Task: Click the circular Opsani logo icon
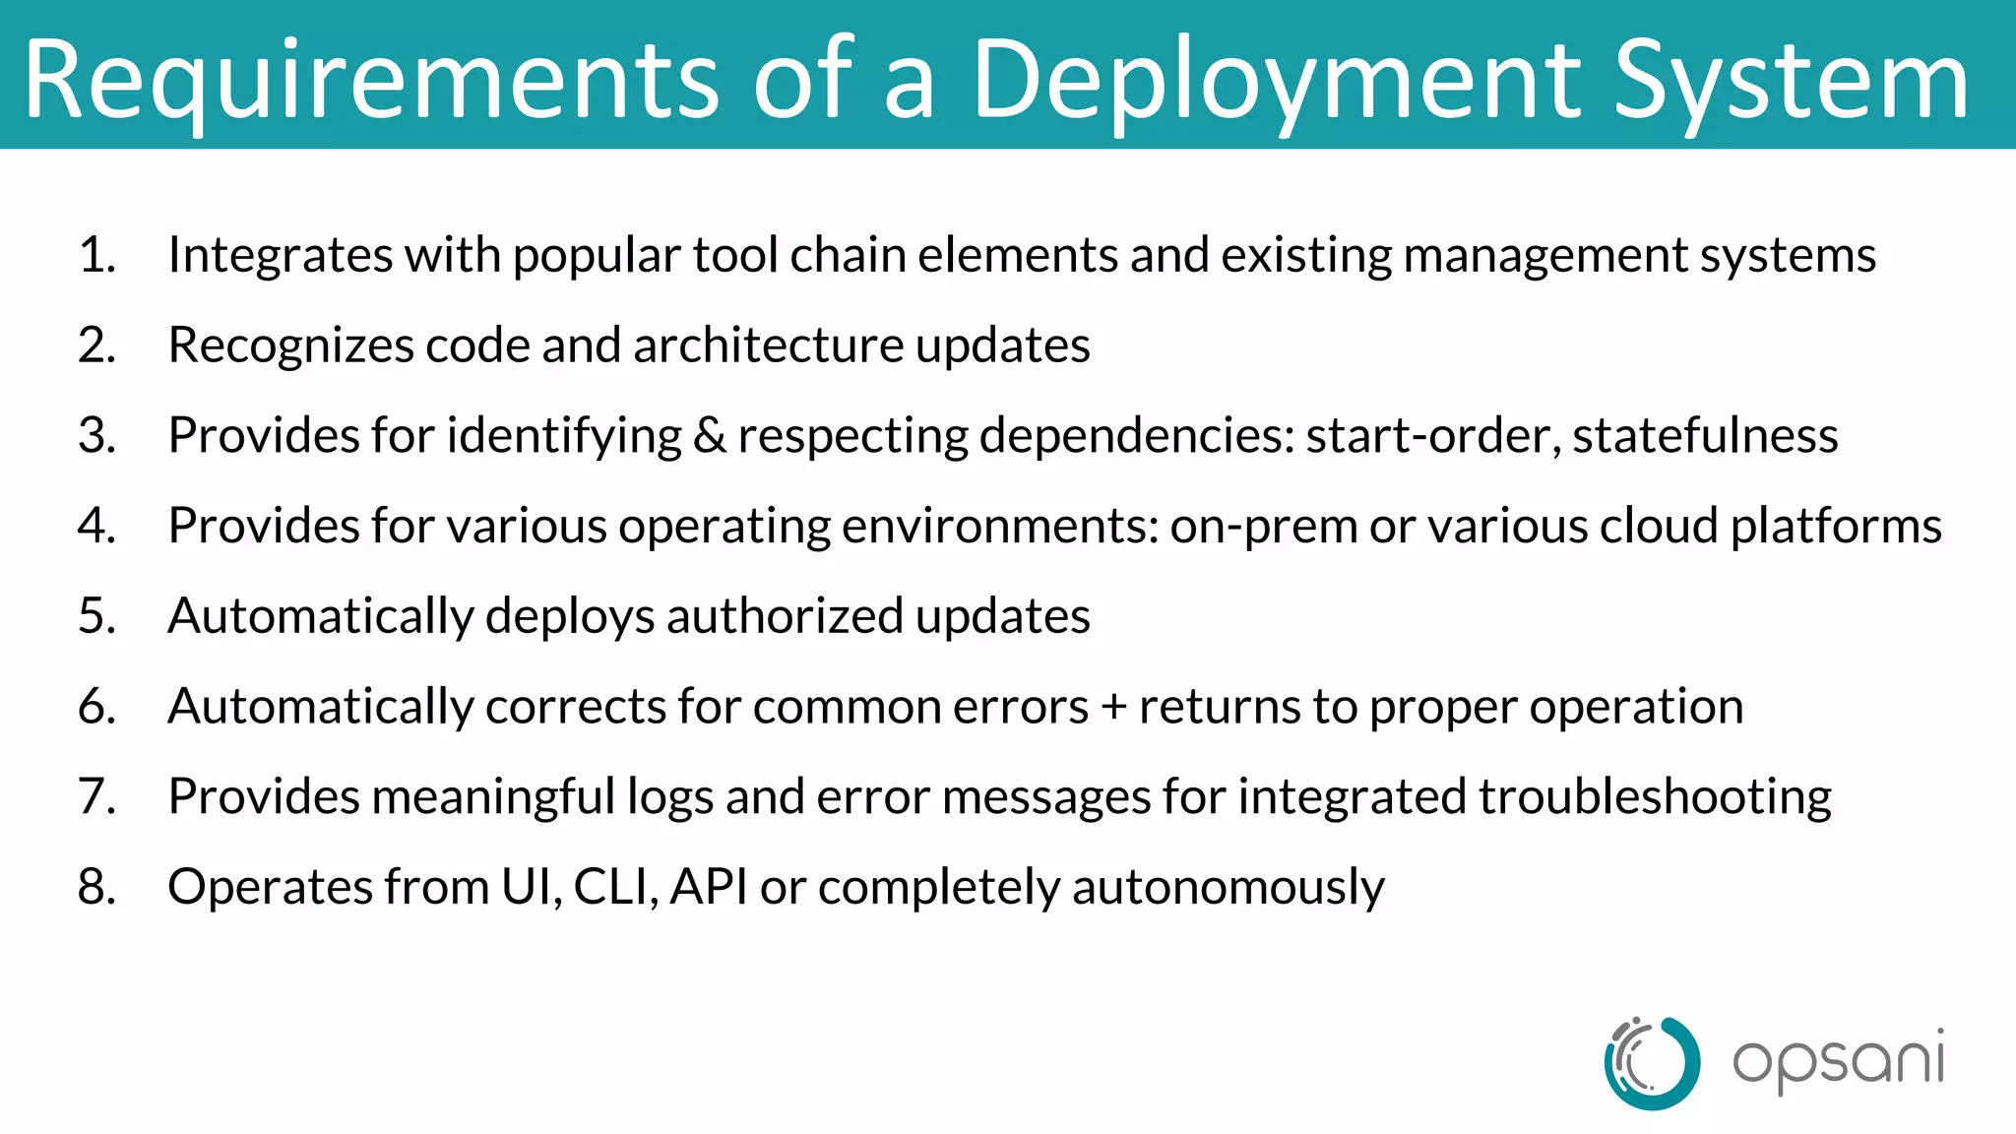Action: click(x=1652, y=1063)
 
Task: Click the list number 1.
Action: click(x=96, y=255)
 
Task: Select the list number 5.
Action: click(x=96, y=616)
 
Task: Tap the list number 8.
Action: click(x=96, y=887)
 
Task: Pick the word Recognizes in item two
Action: click(x=290, y=346)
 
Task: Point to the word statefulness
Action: click(x=1705, y=436)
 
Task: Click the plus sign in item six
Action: click(x=1113, y=707)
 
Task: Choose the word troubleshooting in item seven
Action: click(x=1654, y=797)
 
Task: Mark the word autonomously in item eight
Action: click(x=1228, y=887)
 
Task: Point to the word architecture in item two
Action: click(x=768, y=346)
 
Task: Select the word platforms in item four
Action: click(x=1836, y=527)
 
